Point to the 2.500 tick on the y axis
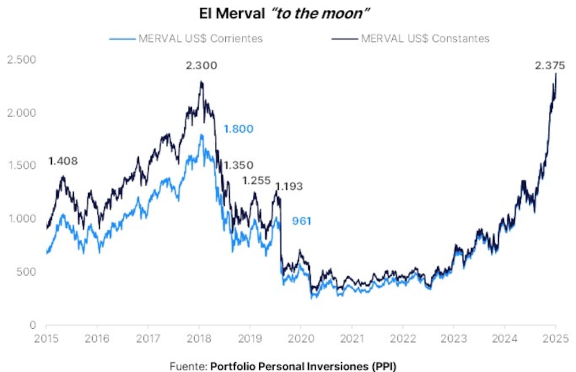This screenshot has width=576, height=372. pos(21,59)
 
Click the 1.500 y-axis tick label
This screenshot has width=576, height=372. pos(21,166)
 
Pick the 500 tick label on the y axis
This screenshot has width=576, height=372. pos(25,272)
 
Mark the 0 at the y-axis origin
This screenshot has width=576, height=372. pos(33,325)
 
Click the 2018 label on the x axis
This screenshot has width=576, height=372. pos(199,338)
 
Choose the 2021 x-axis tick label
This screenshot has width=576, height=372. pos(352,338)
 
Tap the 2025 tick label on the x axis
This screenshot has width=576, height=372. pos(556,338)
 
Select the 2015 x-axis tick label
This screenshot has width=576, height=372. pos(46,338)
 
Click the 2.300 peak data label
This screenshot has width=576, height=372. pos(201,66)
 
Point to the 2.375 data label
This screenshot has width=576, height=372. pos(550,66)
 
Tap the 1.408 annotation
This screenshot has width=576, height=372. pos(63,161)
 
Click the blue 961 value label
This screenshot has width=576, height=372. pos(301,221)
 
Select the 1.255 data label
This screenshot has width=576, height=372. pos(256,181)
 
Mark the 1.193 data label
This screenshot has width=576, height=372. pos(289,186)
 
